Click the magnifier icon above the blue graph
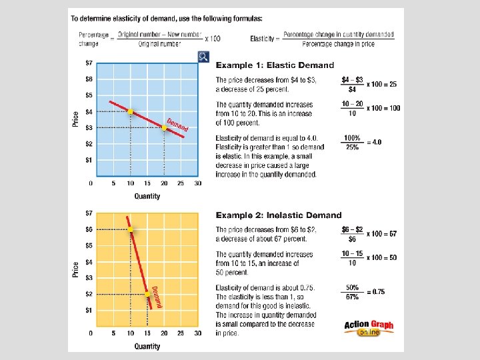[204, 57]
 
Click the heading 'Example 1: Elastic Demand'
[275, 65]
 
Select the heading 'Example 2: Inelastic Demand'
[279, 215]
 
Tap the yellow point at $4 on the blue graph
[131, 111]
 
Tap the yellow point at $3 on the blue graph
[164, 127]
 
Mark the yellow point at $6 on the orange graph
[131, 229]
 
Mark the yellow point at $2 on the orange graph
[147, 294]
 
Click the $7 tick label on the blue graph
[89, 63]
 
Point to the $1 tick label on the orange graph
[89, 310]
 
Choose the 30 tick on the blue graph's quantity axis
[197, 183]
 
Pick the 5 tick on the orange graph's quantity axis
[114, 333]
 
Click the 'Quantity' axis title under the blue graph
[147, 196]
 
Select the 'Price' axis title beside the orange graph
[75, 269]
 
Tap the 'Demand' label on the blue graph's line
[177, 125]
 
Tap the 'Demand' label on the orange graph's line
[157, 296]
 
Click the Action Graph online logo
[369, 328]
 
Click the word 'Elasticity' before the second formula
[263, 39]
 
